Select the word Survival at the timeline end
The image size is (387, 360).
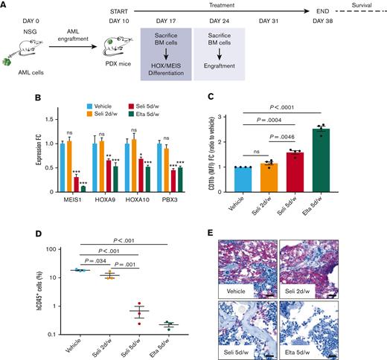[367, 18]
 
